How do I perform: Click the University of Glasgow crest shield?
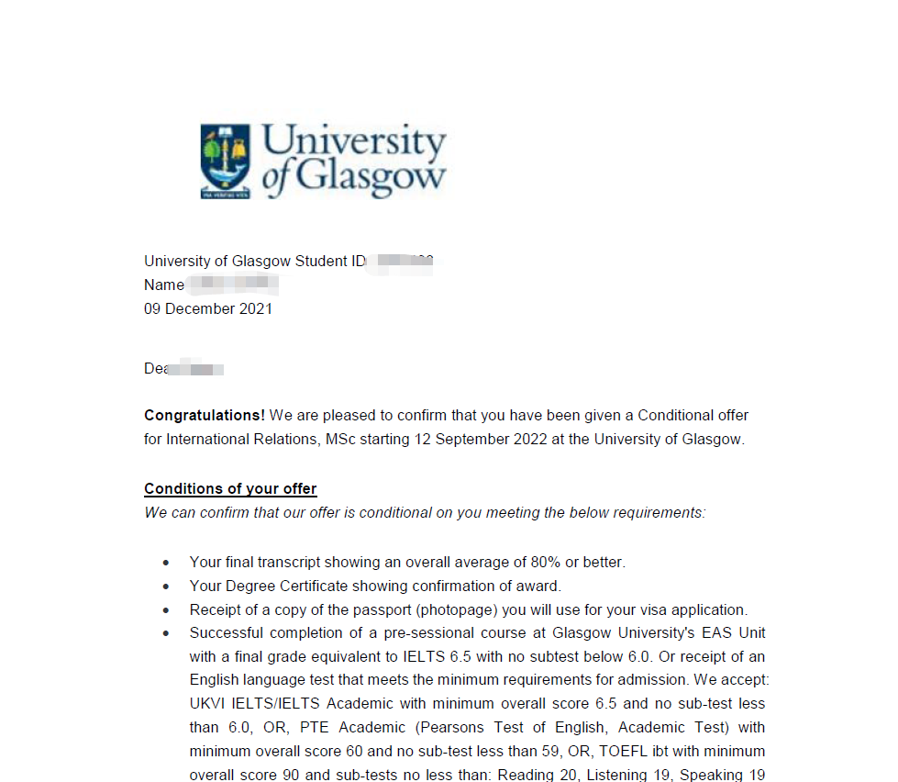click(226, 162)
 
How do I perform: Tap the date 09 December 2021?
click(208, 309)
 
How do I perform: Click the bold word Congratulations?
click(205, 416)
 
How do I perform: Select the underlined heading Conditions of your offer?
click(230, 489)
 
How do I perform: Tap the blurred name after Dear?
click(200, 368)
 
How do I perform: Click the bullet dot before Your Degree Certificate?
click(165, 586)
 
